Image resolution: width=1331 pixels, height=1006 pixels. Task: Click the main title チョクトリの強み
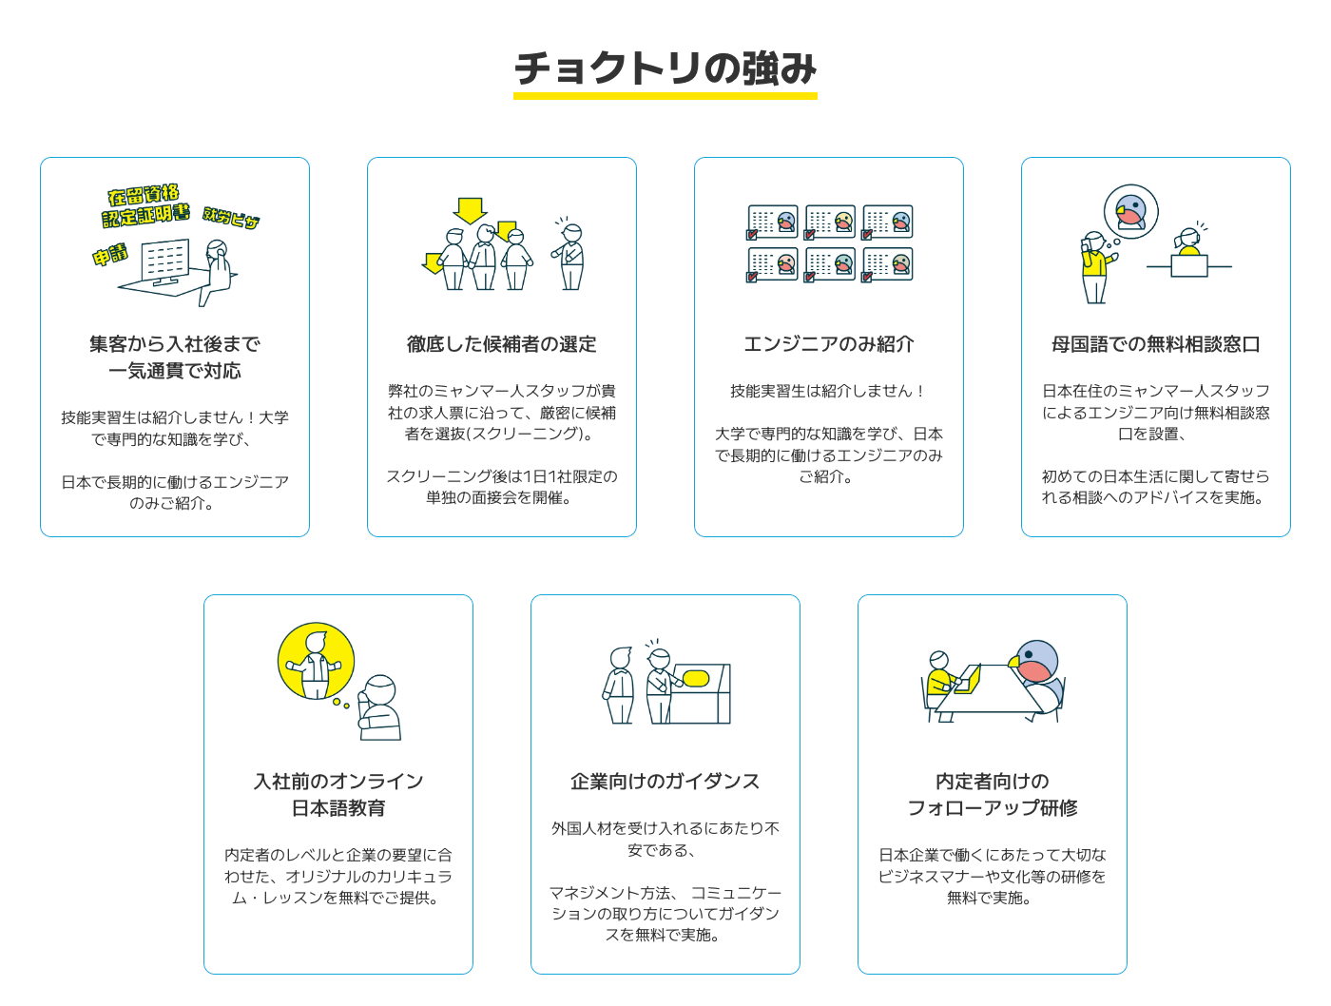[665, 68]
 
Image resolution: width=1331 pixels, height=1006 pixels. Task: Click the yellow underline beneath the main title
[665, 96]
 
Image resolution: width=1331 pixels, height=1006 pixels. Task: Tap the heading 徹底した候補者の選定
[502, 344]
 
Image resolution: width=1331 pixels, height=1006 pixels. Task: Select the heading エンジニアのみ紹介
[829, 344]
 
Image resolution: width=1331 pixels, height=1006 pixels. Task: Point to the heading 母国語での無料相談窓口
[1156, 344]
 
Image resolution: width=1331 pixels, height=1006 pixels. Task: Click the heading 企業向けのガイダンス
[665, 782]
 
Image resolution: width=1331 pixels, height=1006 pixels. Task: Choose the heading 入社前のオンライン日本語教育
[338, 795]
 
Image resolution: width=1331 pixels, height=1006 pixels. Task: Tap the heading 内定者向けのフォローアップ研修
[993, 795]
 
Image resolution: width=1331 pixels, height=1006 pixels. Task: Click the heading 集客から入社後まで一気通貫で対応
[175, 358]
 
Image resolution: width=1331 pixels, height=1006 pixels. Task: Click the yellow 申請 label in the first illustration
[110, 255]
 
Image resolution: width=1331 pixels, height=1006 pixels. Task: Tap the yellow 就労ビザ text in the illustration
[231, 218]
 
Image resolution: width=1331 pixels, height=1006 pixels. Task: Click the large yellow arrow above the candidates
[470, 209]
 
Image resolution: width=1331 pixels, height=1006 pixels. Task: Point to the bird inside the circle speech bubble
[1131, 212]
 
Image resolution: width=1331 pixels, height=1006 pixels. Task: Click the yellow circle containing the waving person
[316, 662]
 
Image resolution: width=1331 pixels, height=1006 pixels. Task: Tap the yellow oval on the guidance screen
[696, 679]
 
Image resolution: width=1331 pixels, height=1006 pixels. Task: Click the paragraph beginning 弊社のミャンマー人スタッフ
[502, 413]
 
